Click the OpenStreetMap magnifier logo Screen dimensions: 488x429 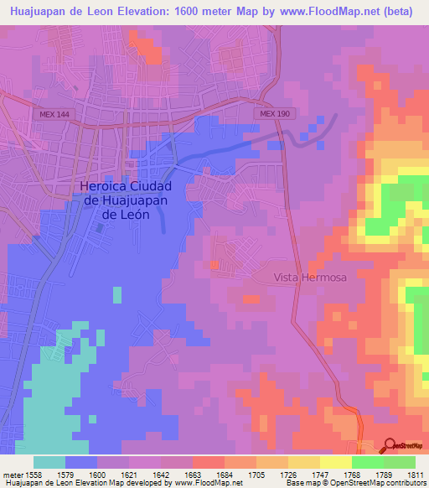[391, 446]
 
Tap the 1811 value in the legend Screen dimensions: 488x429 [415, 474]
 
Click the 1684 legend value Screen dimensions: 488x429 [225, 474]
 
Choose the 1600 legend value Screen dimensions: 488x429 [97, 474]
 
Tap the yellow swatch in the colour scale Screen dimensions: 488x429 [335, 462]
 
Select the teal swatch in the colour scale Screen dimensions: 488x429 [49, 462]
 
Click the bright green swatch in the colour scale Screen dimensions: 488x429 [367, 462]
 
